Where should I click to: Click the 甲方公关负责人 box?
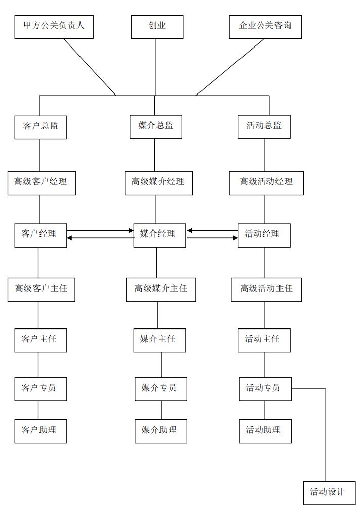point(54,27)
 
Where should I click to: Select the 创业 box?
point(157,27)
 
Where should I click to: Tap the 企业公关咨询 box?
point(265,27)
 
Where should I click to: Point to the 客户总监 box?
point(41,127)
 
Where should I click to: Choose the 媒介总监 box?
point(156,127)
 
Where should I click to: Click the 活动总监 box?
point(264,127)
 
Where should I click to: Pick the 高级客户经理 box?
point(41,182)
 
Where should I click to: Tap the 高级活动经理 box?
point(266,182)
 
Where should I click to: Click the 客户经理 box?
point(40,235)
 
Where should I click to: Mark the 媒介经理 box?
point(159,235)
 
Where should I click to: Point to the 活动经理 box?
point(264,235)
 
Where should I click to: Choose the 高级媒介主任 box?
point(161,290)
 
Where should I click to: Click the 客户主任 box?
point(40,340)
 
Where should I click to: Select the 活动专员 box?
point(265,389)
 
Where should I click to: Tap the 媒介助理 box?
point(161,431)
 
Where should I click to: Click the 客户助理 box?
point(40,431)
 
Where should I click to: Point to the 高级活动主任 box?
point(266,290)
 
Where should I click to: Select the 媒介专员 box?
point(161,389)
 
